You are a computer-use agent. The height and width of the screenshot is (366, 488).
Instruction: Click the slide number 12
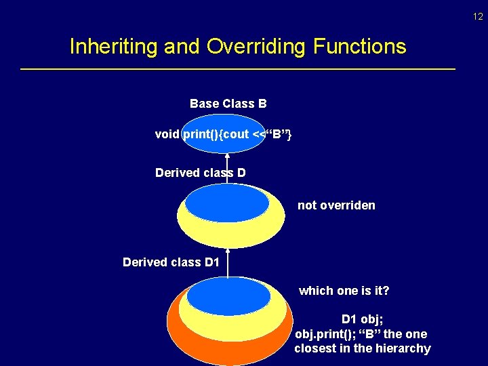479,16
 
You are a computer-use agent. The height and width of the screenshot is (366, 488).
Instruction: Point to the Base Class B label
228,104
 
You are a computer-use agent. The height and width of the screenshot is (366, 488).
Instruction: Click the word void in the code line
167,134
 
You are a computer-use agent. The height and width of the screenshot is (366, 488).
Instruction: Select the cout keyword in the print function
236,134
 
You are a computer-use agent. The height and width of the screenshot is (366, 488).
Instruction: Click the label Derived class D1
171,262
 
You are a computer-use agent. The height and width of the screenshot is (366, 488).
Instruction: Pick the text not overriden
336,205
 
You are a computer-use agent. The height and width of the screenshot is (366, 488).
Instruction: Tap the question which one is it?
344,291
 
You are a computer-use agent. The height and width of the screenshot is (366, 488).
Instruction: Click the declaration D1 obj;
363,319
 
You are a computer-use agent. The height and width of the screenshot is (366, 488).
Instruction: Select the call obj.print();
323,334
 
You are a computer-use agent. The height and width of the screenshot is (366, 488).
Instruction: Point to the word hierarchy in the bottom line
403,348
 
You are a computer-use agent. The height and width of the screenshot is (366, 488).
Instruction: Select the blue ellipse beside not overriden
226,203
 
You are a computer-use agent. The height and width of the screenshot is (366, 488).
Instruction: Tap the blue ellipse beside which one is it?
228,297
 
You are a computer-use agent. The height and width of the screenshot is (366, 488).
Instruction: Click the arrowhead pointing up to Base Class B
227,157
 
